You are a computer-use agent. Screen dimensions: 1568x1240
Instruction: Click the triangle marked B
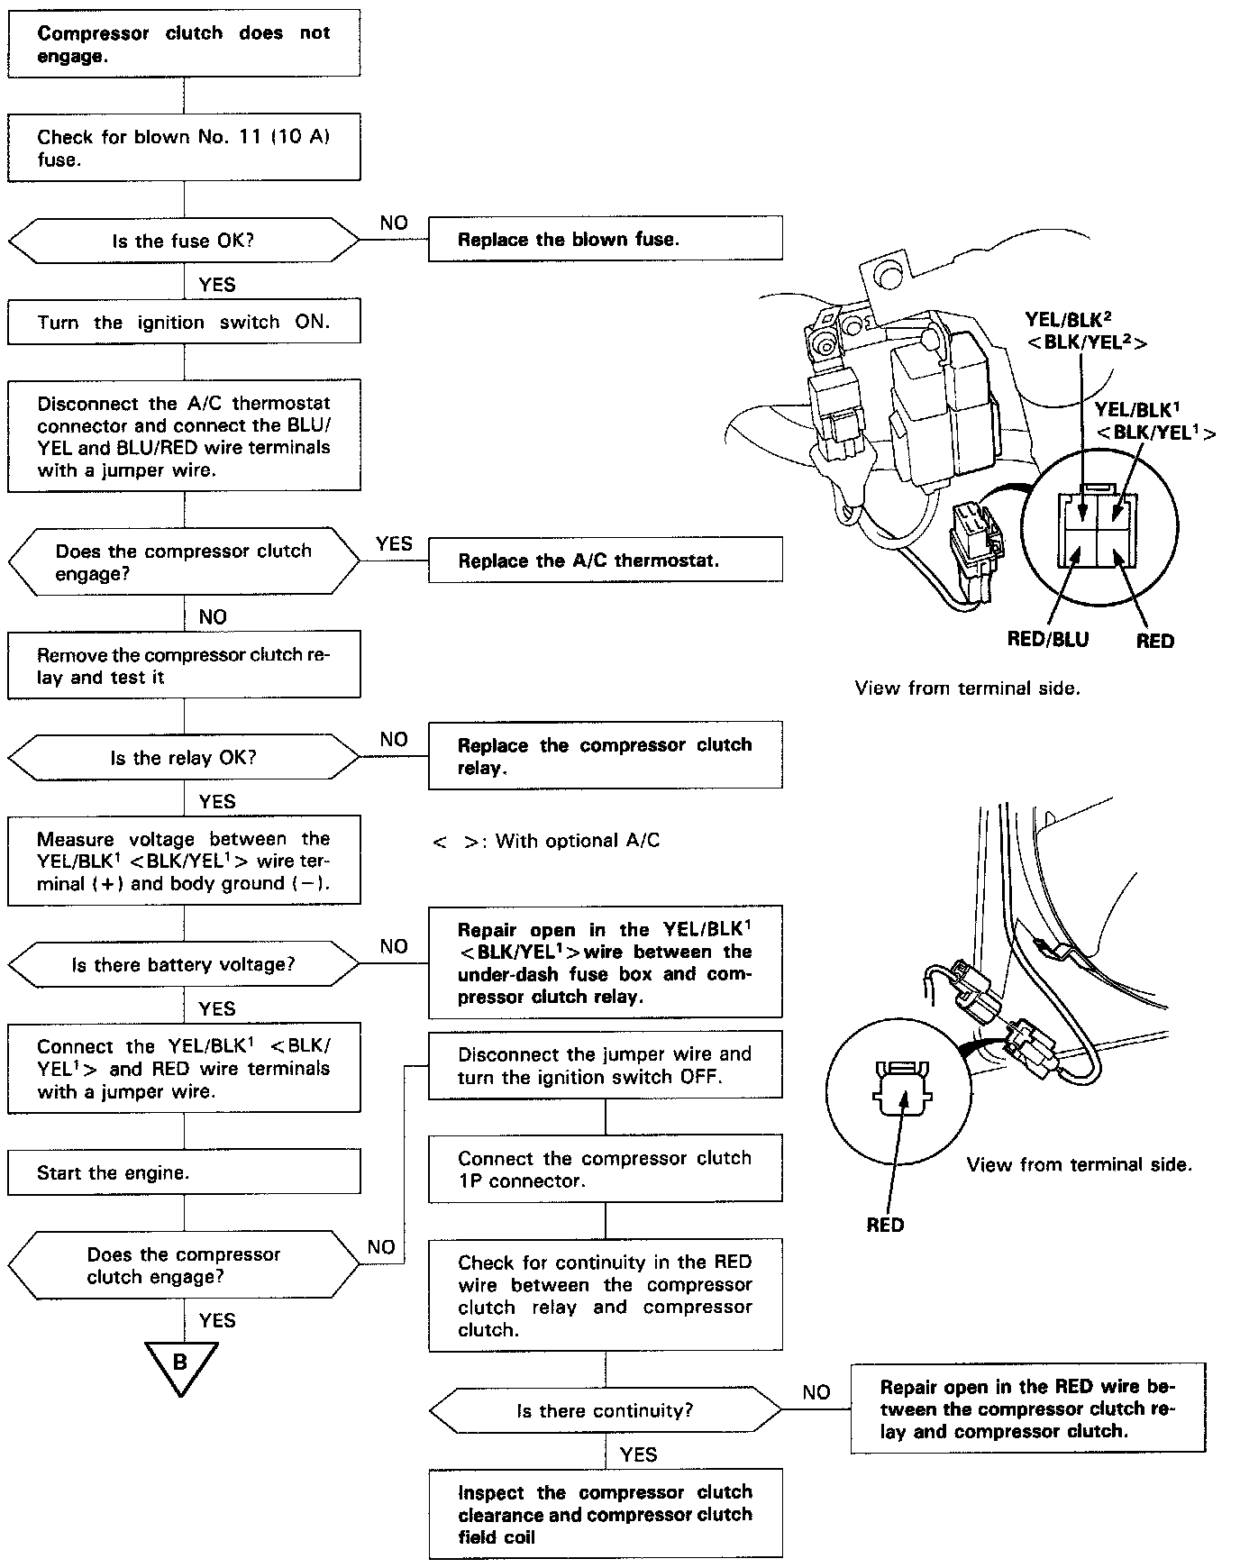tap(181, 1363)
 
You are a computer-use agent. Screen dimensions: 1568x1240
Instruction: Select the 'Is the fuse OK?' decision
tap(183, 241)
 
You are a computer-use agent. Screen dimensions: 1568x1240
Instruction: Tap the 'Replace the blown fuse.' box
tap(605, 239)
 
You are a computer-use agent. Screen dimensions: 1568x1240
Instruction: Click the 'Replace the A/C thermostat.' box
tap(605, 560)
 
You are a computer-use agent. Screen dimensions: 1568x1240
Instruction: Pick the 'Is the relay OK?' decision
tap(183, 758)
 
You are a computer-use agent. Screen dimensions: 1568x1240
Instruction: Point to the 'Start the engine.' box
tap(183, 1172)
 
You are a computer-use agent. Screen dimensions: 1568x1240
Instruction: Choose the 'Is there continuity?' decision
tap(605, 1410)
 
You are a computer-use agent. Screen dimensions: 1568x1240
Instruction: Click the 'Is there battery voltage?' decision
tap(183, 964)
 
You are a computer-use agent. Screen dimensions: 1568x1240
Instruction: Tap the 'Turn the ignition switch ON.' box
tap(183, 322)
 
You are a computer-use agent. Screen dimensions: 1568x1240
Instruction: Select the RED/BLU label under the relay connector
tap(1047, 640)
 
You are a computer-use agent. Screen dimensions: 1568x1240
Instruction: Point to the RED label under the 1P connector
tap(885, 1225)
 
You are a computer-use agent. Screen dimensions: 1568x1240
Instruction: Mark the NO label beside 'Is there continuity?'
tap(816, 1392)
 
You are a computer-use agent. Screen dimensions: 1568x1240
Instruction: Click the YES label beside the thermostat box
tap(394, 543)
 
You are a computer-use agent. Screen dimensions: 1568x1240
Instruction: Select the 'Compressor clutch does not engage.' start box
tap(183, 44)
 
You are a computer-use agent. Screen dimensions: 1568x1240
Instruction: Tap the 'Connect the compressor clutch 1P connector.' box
tap(605, 1169)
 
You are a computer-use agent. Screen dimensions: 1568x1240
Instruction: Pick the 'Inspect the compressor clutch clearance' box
tap(605, 1514)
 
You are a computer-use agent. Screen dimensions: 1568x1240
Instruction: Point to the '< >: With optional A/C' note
tap(546, 841)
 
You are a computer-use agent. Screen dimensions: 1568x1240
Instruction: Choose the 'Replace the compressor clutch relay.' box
tap(605, 756)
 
